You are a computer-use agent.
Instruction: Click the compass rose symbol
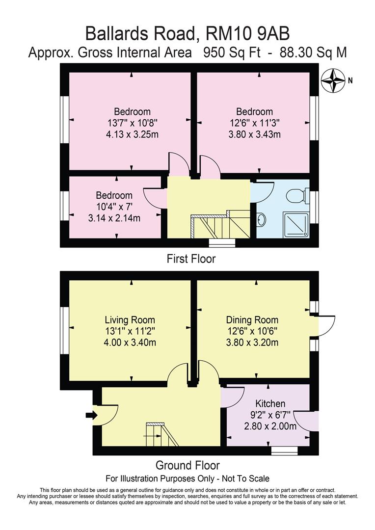(334, 80)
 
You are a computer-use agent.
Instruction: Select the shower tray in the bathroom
(296, 224)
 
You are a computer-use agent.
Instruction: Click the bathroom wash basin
(262, 220)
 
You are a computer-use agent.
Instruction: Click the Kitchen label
(270, 403)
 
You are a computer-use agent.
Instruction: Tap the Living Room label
(130, 320)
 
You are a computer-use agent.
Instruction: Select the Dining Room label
(252, 320)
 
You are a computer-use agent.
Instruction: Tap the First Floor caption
(191, 259)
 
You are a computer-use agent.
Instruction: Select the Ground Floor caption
(187, 465)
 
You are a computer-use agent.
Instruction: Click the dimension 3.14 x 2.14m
(114, 218)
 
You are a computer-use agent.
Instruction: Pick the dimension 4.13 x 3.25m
(132, 134)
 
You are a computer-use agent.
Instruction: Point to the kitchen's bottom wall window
(285, 450)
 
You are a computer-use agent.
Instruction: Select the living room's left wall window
(65, 326)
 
